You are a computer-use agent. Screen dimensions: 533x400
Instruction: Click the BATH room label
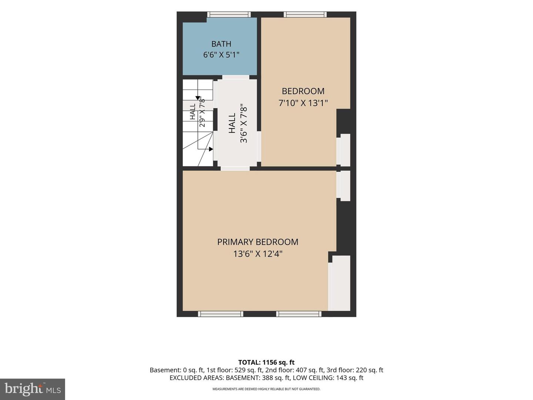[x=221, y=44]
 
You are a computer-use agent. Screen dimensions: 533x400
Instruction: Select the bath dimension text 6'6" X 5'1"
[x=221, y=55]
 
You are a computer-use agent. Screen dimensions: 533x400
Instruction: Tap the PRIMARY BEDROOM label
[x=258, y=242]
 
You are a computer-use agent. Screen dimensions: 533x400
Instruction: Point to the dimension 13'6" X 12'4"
[x=258, y=254]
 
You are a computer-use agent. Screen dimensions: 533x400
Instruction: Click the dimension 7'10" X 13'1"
[x=303, y=103]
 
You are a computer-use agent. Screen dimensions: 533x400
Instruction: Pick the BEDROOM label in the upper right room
[x=303, y=91]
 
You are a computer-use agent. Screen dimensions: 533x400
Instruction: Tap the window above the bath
[x=229, y=14]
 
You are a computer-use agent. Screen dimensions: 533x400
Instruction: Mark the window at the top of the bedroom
[x=305, y=14]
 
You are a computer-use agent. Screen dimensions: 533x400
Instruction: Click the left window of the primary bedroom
[x=221, y=314]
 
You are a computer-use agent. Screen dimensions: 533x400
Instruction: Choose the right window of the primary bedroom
[x=299, y=314]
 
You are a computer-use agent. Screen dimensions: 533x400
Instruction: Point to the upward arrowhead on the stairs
[x=198, y=98]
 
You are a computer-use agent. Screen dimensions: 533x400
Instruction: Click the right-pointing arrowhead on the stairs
[x=211, y=149]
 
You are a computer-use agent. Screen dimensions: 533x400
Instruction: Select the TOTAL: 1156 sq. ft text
[x=266, y=362]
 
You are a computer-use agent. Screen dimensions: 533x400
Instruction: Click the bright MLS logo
[x=33, y=389]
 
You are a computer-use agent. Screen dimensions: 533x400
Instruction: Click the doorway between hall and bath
[x=236, y=77]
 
